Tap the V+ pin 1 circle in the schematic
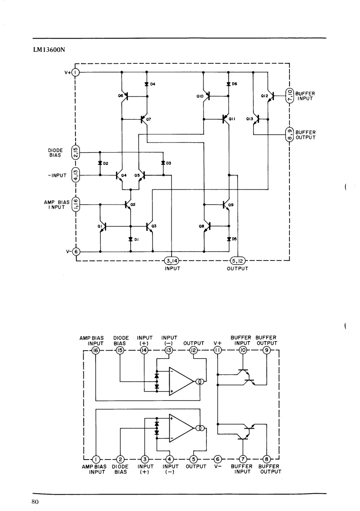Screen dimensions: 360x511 click(x=75, y=72)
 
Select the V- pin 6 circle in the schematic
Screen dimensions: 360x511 click(x=76, y=251)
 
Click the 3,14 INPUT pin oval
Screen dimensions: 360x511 click(x=172, y=261)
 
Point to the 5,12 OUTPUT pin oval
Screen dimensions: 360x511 click(x=238, y=261)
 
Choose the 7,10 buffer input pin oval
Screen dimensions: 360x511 click(x=290, y=96)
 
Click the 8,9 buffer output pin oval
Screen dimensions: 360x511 click(x=290, y=135)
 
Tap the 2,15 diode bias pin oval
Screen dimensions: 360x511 click(x=75, y=152)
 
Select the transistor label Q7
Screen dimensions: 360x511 click(x=148, y=120)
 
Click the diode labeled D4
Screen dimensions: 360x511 click(x=147, y=84)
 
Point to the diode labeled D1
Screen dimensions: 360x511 click(x=130, y=240)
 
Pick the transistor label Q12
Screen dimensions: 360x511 click(x=264, y=96)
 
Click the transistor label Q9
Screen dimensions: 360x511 click(x=231, y=205)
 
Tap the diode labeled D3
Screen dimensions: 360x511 click(x=163, y=163)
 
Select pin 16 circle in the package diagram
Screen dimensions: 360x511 click(x=96, y=350)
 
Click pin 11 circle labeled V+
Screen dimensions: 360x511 click(x=217, y=350)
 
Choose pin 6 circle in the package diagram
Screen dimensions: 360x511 click(x=218, y=459)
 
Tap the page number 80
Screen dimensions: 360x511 click(x=35, y=501)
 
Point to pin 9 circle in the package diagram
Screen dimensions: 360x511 click(x=267, y=350)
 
